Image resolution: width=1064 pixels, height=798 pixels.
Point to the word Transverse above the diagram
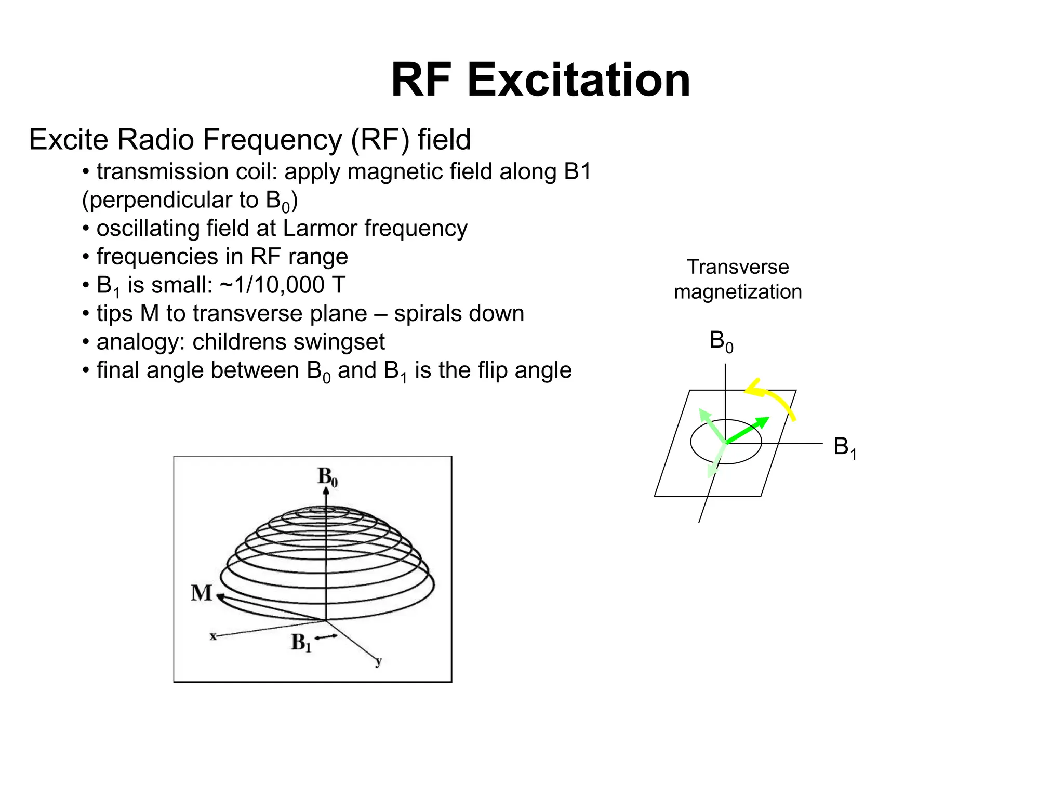pyautogui.click(x=738, y=267)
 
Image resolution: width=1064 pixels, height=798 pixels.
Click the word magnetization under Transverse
pyautogui.click(x=738, y=292)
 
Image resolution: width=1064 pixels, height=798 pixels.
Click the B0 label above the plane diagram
pyautogui.click(x=721, y=341)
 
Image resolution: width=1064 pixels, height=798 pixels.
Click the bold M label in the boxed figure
pyautogui.click(x=201, y=593)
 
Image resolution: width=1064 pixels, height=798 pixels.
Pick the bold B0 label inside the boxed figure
pyautogui.click(x=327, y=476)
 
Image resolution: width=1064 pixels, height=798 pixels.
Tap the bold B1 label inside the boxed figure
pyautogui.click(x=301, y=643)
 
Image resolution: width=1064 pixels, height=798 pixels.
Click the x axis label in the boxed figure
pyautogui.click(x=212, y=636)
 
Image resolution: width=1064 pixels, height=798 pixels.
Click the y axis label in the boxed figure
pyautogui.click(x=378, y=661)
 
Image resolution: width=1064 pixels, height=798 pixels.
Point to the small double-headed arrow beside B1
pyautogui.click(x=326, y=637)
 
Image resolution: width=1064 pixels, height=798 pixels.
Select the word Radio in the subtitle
pyautogui.click(x=155, y=140)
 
